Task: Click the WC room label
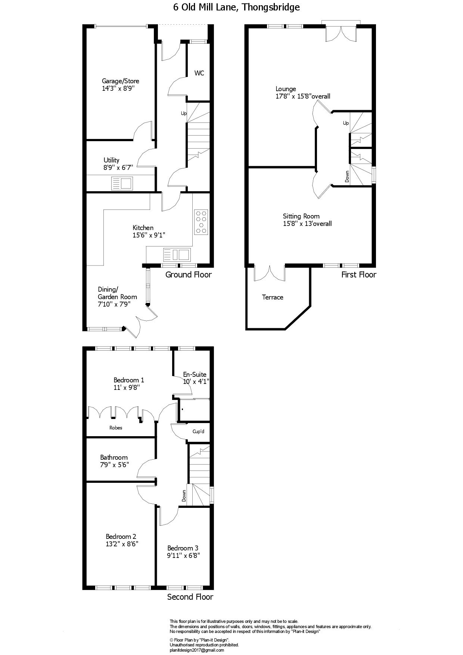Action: coord(199,73)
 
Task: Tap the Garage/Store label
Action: coord(121,81)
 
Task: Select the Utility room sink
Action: coord(122,183)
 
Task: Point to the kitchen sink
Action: coord(177,255)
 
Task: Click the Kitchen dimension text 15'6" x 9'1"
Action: coord(149,235)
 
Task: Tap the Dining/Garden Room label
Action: coord(117,293)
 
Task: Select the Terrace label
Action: coord(273,297)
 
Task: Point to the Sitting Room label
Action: coord(301,216)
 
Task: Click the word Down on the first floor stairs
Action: coord(347,176)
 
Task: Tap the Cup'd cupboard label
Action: coord(198,432)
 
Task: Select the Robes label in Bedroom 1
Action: coord(116,428)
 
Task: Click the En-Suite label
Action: coord(195,375)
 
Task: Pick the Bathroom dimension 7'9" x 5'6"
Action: coord(114,465)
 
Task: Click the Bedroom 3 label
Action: coord(183,548)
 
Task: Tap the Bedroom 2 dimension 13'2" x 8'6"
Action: coord(122,544)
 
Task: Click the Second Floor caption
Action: coord(190,597)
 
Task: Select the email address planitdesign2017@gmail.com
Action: coord(197,650)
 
